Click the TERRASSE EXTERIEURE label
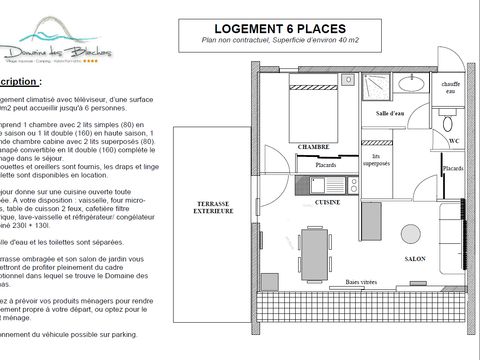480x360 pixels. pos(213,208)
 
